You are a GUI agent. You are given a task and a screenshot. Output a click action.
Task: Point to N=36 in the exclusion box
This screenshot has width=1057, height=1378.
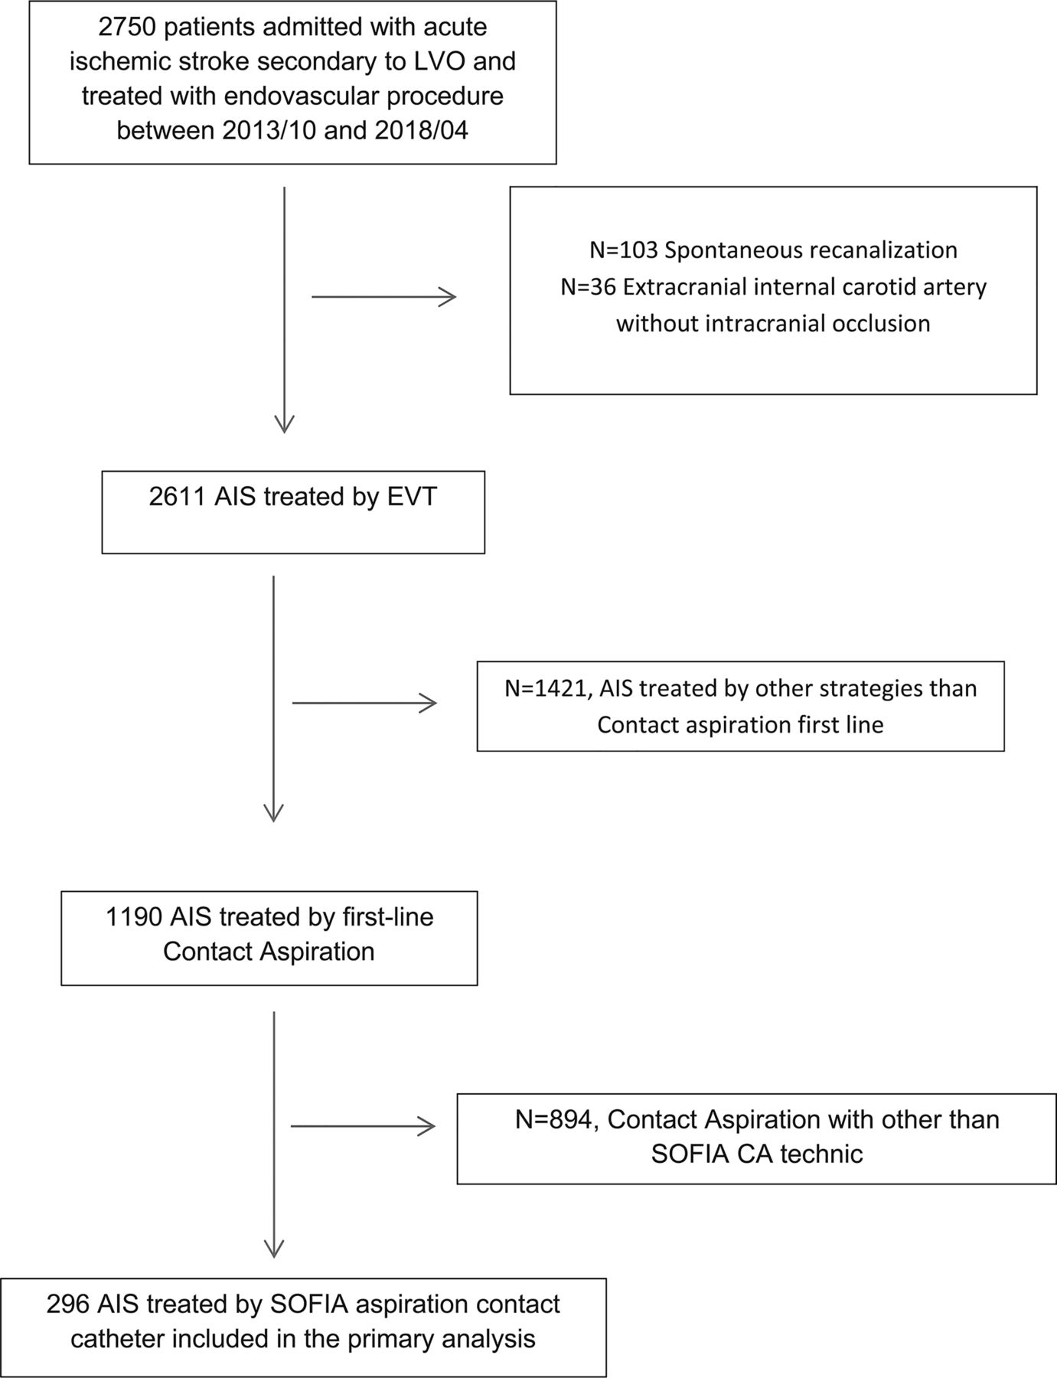[x=588, y=287]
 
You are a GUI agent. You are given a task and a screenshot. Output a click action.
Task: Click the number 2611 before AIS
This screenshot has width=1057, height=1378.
[x=178, y=497]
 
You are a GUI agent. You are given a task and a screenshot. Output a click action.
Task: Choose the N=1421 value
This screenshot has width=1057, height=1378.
[x=548, y=689]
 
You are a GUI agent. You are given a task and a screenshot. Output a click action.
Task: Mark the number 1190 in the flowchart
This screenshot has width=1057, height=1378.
[x=134, y=916]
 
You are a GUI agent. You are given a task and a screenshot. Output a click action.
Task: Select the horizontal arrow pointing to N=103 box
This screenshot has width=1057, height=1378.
[x=384, y=296]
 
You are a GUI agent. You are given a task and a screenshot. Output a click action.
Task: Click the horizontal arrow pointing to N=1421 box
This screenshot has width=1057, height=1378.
[x=365, y=703]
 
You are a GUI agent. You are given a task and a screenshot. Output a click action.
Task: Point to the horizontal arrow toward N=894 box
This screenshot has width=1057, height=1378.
[x=364, y=1125]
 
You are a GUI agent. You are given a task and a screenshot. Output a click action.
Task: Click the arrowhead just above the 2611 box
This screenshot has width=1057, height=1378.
[x=284, y=424]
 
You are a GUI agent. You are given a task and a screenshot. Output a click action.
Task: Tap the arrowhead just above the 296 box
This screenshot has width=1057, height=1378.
[x=274, y=1249]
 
